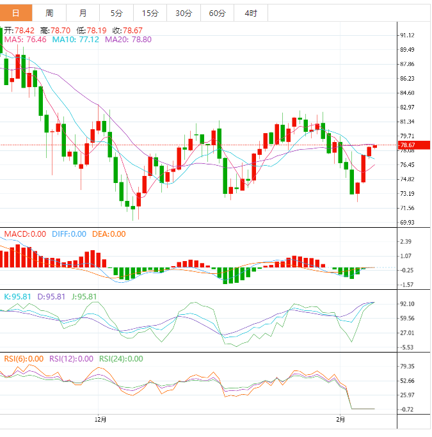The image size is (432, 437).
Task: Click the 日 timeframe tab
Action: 16,13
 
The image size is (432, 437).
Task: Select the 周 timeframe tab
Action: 49,13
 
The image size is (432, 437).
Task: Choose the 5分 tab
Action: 116,13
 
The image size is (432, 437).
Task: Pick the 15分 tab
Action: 150,13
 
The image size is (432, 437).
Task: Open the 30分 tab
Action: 183,13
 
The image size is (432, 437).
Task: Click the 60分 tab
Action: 217,13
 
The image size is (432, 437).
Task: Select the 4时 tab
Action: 251,13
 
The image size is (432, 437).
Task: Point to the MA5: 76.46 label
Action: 24,40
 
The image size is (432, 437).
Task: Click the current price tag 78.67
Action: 409,146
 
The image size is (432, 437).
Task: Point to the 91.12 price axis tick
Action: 406,36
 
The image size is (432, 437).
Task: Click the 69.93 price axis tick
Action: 406,223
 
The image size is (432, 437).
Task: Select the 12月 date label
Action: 100,420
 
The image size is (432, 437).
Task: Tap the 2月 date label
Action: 340,420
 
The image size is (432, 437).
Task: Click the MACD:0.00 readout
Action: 25,234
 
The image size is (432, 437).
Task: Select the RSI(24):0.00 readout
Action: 121,359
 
